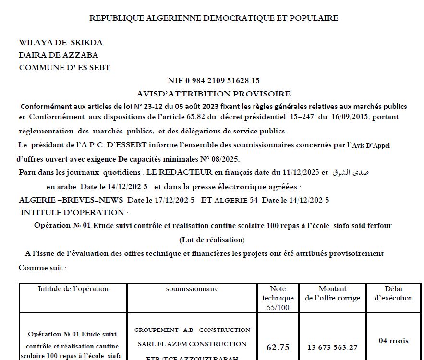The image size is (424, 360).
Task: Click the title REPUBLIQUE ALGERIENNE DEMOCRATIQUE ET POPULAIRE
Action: tap(214, 18)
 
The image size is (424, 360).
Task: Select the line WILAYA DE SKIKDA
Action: tap(61, 43)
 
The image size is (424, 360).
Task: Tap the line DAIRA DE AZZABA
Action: tap(58, 55)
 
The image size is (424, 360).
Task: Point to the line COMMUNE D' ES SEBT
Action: tap(64, 68)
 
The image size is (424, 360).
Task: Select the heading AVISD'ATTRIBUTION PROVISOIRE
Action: tap(214, 94)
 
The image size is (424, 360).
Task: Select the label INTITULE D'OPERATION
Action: tap(73, 212)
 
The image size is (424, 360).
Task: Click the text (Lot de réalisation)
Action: tap(212, 240)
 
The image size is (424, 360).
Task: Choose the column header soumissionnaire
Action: tap(192, 289)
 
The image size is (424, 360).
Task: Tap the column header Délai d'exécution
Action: tap(393, 293)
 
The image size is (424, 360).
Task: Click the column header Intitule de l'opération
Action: tap(73, 289)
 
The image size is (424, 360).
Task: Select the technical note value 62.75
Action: tap(278, 348)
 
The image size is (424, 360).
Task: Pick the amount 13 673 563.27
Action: tap(332, 348)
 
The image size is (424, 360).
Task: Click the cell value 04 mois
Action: tap(393, 341)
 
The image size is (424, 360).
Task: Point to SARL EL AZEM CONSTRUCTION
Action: tap(192, 344)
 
